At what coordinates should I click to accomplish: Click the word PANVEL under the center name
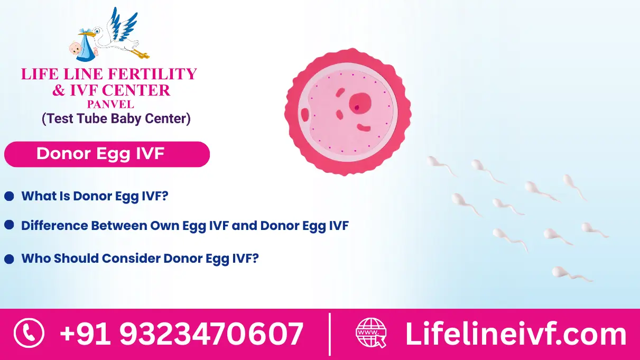[x=110, y=104]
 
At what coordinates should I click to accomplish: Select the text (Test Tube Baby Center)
[x=116, y=118]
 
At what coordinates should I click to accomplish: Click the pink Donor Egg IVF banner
[x=107, y=154]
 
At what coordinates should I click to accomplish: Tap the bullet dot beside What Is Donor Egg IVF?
[x=9, y=197]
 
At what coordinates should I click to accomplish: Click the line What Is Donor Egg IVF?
[x=95, y=197]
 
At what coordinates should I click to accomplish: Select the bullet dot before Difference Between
[x=9, y=225]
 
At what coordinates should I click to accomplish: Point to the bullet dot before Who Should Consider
[x=9, y=259]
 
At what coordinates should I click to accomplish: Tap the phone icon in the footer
[x=29, y=334]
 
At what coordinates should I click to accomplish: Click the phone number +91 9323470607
[x=181, y=334]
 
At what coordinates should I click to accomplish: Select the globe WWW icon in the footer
[x=371, y=333]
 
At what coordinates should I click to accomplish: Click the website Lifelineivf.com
[x=515, y=334]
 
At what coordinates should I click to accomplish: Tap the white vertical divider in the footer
[x=330, y=334]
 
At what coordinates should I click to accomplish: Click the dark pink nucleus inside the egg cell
[x=360, y=101]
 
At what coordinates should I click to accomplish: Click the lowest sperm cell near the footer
[x=560, y=272]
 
